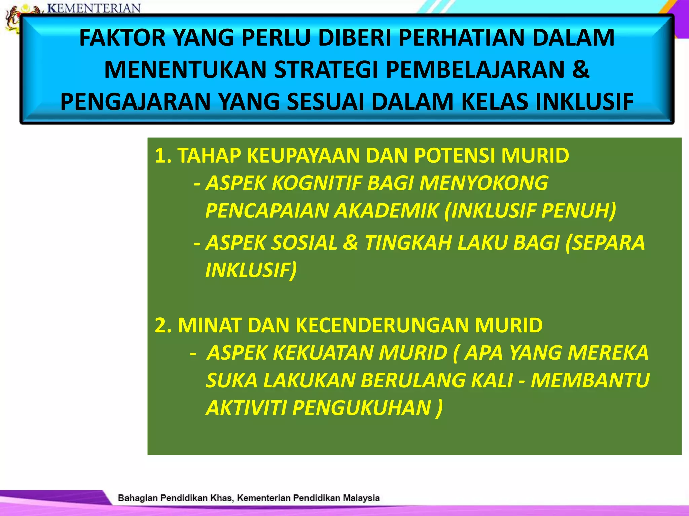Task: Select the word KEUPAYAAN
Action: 303,156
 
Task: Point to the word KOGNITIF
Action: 317,183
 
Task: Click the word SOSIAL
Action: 304,243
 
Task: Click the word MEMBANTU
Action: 590,381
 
